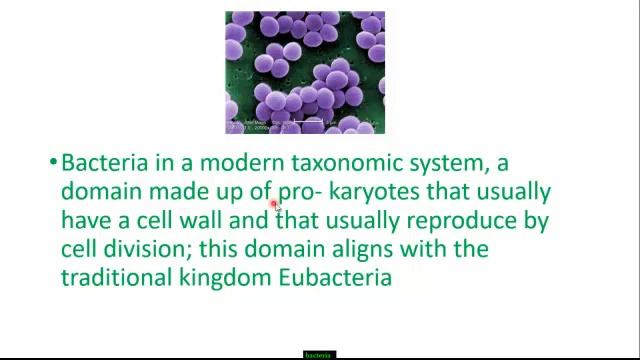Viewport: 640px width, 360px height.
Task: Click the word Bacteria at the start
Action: (101, 163)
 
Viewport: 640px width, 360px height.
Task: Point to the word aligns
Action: (379, 248)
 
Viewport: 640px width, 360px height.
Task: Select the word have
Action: (85, 220)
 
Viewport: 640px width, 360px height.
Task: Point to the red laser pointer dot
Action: (273, 204)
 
